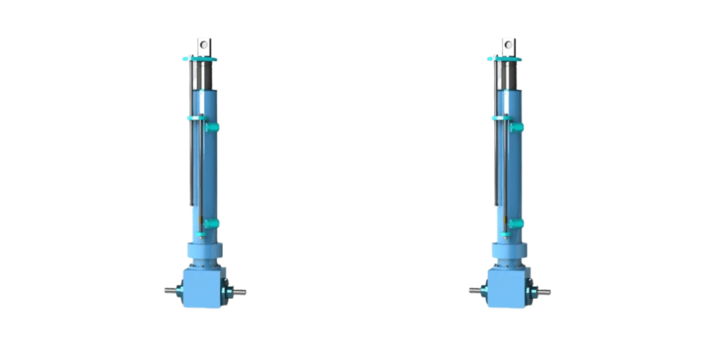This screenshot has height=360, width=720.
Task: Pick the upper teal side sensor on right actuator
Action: [x=516, y=127]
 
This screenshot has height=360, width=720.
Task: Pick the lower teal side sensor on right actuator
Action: [x=516, y=224]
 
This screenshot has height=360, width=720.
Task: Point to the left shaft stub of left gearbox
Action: [x=171, y=290]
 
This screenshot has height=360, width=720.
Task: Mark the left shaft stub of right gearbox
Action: [x=475, y=290]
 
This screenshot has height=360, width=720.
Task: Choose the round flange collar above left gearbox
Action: [x=205, y=251]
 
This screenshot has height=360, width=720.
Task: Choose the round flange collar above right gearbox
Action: [x=508, y=251]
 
